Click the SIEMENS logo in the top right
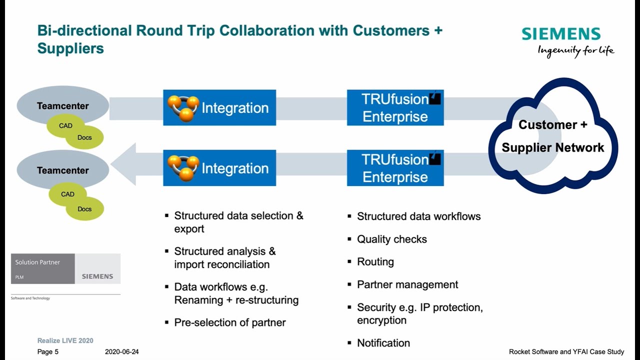coord(561,34)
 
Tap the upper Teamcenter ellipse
coord(62,105)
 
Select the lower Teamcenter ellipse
coord(62,170)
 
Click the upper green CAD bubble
coord(66,126)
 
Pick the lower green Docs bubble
coord(84,209)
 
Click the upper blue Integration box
coord(219,107)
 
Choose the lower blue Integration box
coord(219,168)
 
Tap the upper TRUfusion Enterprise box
coord(395,107)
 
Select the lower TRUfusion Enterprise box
coord(395,168)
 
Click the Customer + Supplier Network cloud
coord(553,135)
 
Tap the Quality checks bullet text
coord(392,239)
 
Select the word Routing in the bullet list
coord(375,261)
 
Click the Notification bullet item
coord(383,343)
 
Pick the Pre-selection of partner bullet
coord(230,322)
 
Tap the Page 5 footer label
coord(48,352)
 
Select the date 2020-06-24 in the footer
coord(122,352)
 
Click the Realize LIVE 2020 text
coord(65,340)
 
